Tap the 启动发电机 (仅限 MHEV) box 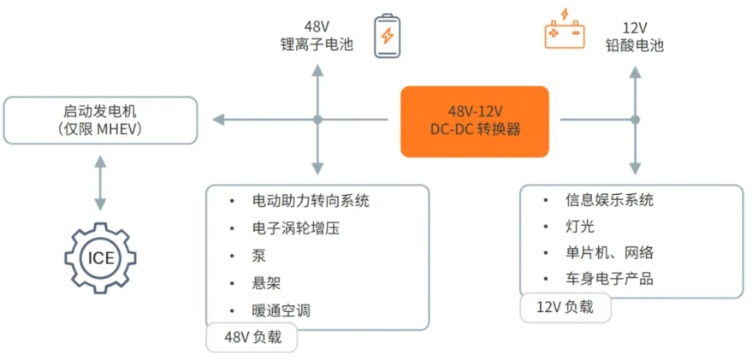click(x=101, y=121)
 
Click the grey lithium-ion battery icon click(x=387, y=36)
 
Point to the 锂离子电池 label click(x=317, y=44)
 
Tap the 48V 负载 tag click(x=252, y=338)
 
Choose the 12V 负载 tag click(x=565, y=307)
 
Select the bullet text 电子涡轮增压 click(x=292, y=228)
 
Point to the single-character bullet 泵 click(x=259, y=256)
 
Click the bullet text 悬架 click(x=266, y=283)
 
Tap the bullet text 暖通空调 click(x=281, y=310)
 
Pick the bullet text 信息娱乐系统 click(x=609, y=200)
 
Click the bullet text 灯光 click(x=580, y=227)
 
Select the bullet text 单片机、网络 click(x=609, y=252)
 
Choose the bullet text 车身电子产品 click(x=609, y=279)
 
